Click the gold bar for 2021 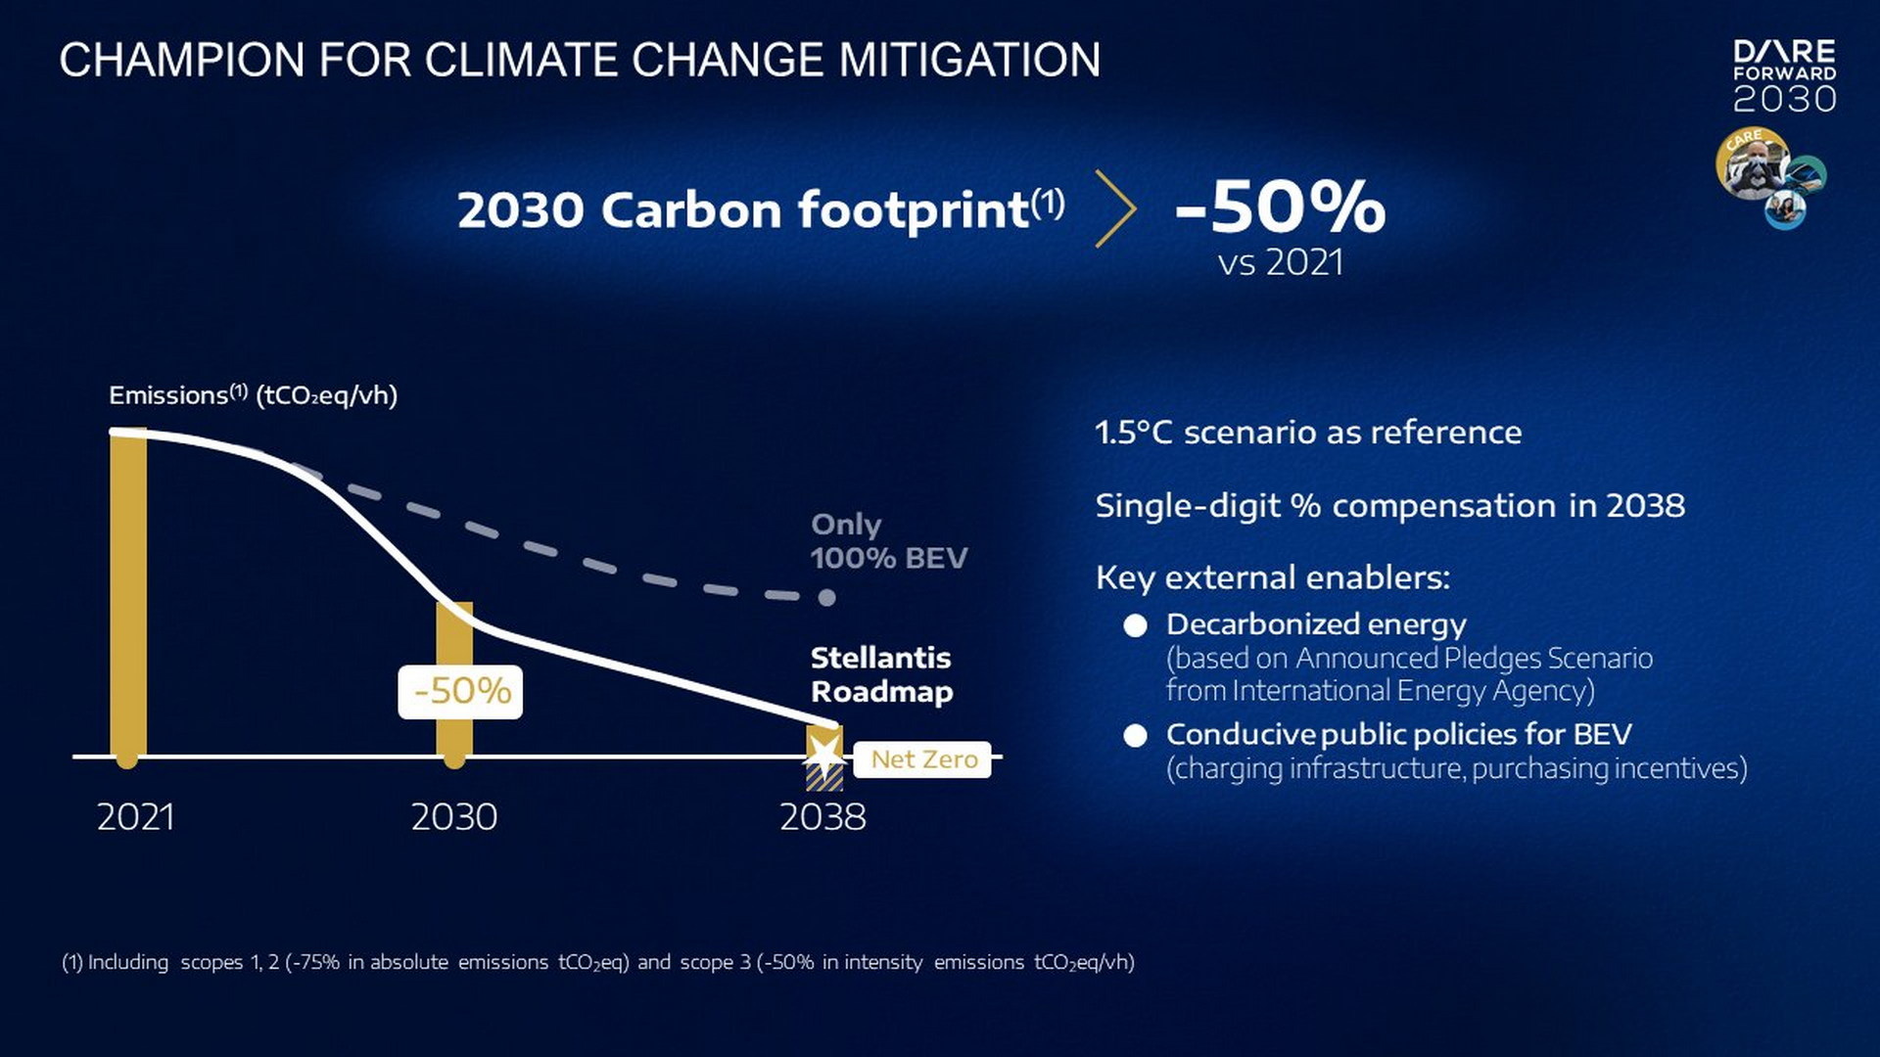[x=128, y=597]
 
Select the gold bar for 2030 [x=454, y=685]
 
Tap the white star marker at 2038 [x=824, y=757]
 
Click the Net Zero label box [x=922, y=759]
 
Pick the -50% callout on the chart [x=460, y=692]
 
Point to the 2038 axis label [x=822, y=817]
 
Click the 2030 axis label [x=453, y=817]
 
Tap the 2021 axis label [x=135, y=817]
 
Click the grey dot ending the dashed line [x=827, y=597]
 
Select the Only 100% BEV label [x=888, y=541]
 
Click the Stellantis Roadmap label [x=881, y=674]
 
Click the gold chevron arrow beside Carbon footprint [x=1115, y=208]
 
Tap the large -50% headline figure [x=1280, y=207]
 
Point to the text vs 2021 [x=1280, y=262]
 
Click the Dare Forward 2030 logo [x=1784, y=76]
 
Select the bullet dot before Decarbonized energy [x=1135, y=625]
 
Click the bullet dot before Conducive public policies [x=1135, y=736]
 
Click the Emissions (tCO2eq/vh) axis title [x=253, y=395]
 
